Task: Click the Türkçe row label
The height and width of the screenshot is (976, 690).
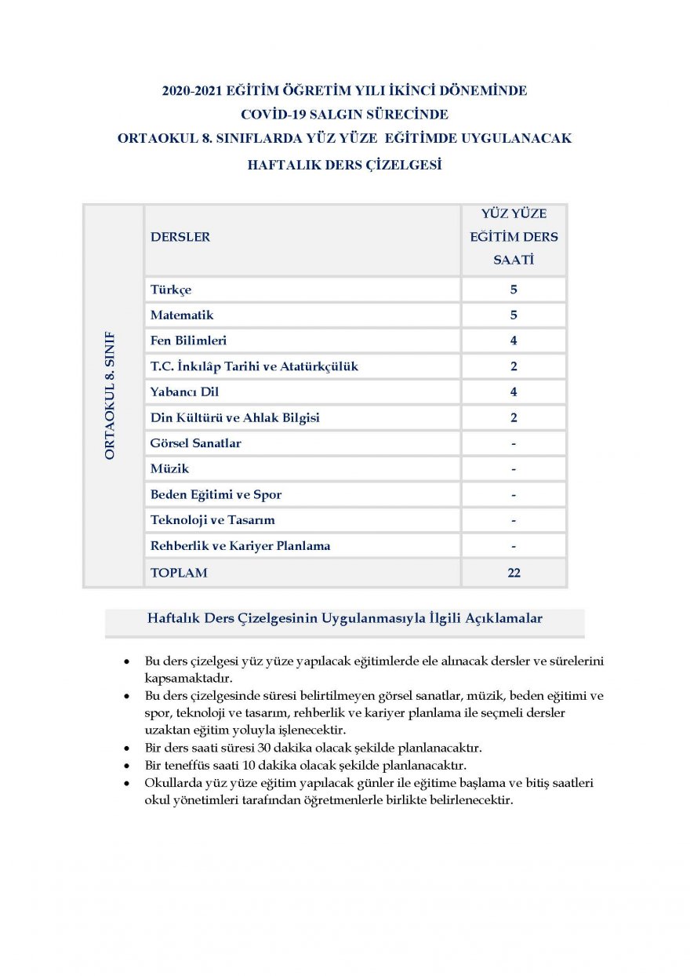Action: point(171,290)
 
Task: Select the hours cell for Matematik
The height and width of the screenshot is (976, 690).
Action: point(514,315)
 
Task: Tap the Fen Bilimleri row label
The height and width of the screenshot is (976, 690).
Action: point(189,341)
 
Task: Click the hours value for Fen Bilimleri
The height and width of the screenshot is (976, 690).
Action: point(514,341)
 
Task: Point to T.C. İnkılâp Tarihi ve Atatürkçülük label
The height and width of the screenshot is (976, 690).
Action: point(254,366)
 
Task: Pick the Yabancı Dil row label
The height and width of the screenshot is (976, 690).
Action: point(184,392)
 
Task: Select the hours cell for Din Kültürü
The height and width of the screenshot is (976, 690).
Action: point(514,417)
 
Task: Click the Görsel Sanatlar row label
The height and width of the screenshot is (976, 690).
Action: point(195,443)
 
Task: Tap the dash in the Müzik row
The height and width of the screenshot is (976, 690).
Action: point(514,469)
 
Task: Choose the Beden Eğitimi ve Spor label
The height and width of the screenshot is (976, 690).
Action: point(216,495)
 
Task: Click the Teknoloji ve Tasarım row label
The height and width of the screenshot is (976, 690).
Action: point(212,520)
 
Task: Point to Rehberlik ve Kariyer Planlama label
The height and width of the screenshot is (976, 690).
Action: point(240,546)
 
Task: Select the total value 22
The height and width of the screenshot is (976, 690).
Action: point(514,573)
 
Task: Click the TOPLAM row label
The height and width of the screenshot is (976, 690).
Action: point(179,573)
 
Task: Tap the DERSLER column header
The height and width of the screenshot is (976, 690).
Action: point(180,237)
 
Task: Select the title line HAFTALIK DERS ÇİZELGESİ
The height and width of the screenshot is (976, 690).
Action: point(344,165)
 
